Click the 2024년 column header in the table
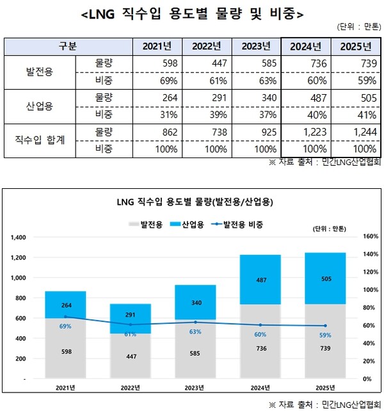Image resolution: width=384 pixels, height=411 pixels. [305, 46]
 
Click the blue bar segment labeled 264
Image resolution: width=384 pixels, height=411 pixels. [66, 305]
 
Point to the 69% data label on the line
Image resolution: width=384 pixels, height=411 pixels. [65, 326]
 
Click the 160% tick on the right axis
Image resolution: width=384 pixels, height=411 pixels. [371, 237]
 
